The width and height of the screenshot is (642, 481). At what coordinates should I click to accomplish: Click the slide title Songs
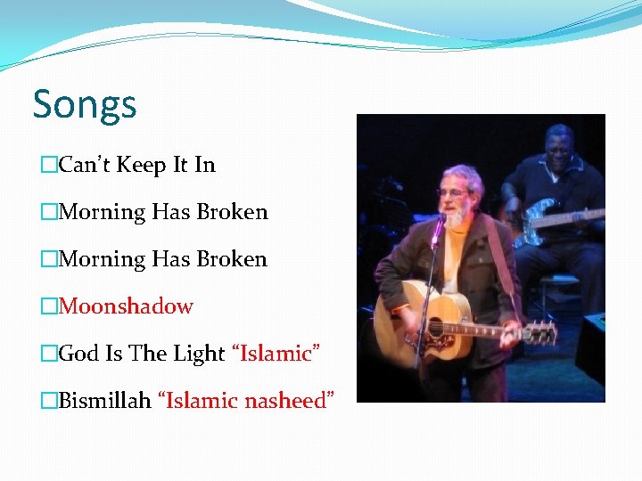[x=85, y=104]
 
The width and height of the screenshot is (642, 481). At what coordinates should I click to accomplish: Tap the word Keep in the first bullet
[x=140, y=165]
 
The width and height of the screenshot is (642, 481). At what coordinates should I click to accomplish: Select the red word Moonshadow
[x=126, y=306]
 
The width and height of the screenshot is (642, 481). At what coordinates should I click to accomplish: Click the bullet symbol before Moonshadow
[x=49, y=306]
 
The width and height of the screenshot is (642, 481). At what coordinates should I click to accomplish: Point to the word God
[x=78, y=354]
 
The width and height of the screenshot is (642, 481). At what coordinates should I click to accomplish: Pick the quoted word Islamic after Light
[x=276, y=354]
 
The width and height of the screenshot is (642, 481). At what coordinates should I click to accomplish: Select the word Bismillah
[x=105, y=401]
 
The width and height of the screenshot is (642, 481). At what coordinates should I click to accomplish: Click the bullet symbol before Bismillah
[x=49, y=401]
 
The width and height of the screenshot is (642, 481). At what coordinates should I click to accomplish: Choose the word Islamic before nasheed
[x=202, y=401]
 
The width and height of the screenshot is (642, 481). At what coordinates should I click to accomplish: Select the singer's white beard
[x=455, y=214]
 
